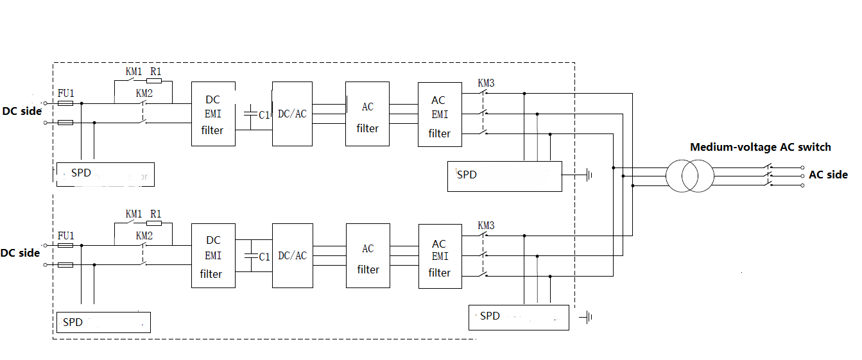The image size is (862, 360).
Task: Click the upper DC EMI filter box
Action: pos(213,114)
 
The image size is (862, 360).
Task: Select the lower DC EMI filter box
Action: pos(213,256)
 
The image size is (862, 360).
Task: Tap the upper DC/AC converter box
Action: pos(292,114)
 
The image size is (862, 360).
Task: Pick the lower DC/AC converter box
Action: pos(292,255)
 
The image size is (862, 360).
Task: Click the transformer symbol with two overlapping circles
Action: pos(689,175)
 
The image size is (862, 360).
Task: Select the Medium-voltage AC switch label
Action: pos(760,147)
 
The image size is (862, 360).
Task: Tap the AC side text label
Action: pos(828,175)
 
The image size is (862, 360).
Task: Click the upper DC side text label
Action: pos(22,111)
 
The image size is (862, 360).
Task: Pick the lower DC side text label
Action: pos(21,253)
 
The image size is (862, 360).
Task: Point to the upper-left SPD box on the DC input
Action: pos(105,174)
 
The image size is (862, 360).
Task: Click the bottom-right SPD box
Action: pos(519,317)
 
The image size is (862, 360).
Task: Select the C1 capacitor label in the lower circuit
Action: pos(264,257)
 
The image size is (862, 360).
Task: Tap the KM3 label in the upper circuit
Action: pos(486,83)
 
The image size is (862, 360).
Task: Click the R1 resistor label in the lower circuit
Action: pos(155,214)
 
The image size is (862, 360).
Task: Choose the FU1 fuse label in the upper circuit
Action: pos(65,93)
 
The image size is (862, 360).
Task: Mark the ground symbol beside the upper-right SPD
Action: pos(588,175)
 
